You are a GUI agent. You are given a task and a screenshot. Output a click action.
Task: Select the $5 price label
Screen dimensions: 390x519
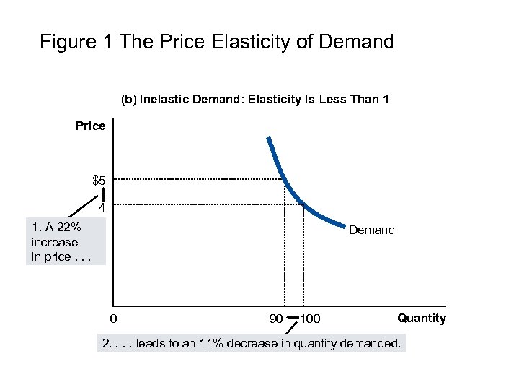99,180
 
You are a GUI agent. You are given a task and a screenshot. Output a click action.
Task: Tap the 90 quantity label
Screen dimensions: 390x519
275,318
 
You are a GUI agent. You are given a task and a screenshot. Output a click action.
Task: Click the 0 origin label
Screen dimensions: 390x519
112,318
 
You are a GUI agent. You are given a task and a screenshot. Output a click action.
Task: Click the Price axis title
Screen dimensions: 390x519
90,126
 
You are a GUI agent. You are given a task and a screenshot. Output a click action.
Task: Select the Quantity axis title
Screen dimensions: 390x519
422,318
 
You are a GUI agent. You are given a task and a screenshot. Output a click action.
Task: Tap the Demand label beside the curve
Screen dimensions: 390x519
371,230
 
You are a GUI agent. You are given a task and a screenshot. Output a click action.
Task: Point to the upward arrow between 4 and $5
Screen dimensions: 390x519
103,193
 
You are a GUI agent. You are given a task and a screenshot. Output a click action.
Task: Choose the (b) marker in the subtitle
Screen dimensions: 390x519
129,100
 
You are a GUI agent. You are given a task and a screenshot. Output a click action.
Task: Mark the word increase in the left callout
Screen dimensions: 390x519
54,242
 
